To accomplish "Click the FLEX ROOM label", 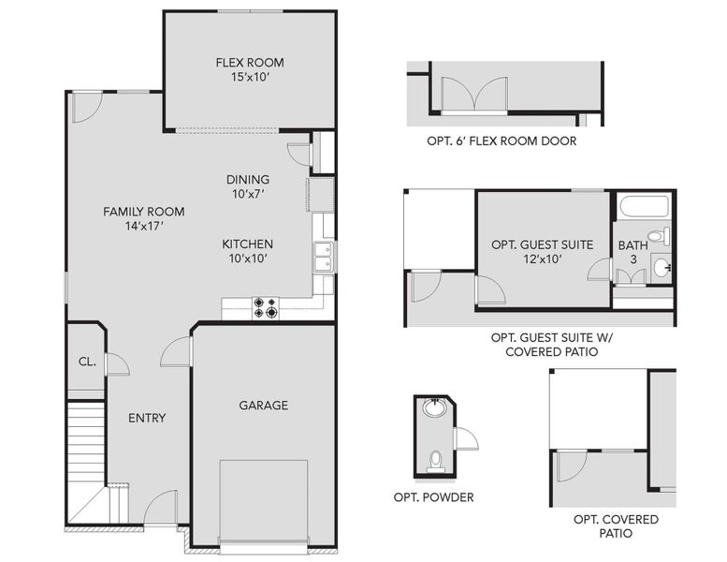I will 249,63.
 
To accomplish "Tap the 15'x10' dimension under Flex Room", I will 249,78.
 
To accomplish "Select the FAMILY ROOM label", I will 143,212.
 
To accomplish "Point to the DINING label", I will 248,180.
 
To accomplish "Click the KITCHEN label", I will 247,244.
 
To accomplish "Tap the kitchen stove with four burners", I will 266,308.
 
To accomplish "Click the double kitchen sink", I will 323,257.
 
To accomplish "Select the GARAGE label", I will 263,406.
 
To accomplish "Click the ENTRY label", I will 147,418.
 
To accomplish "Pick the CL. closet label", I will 84,362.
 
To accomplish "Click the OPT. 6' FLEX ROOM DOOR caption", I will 501,141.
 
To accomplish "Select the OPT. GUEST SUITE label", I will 542,244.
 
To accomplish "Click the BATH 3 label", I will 632,253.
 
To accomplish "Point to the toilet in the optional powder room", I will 435,459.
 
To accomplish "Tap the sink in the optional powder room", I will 434,408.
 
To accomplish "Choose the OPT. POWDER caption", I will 433,497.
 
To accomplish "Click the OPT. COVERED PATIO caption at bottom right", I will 616,526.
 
